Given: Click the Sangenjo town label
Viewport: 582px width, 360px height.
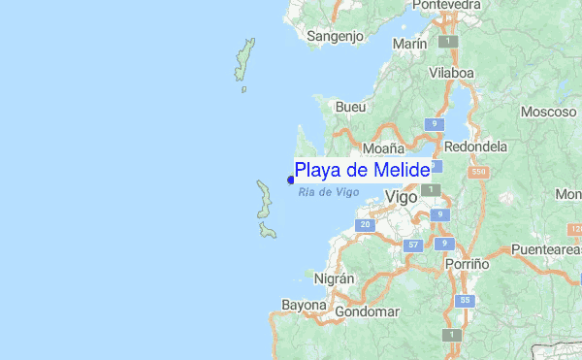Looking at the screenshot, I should pyautogui.click(x=335, y=37).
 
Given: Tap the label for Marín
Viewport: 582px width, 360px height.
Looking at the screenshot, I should pyautogui.click(x=410, y=45).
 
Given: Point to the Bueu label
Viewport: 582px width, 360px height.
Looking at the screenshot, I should pyautogui.click(x=348, y=107).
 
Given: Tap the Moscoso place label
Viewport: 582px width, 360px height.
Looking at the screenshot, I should pyautogui.click(x=548, y=112).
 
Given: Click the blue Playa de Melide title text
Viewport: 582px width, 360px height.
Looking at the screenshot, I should pyautogui.click(x=362, y=171).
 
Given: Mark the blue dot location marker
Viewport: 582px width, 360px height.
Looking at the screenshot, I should pyautogui.click(x=291, y=179).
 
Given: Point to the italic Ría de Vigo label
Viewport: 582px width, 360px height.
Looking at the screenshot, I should pyautogui.click(x=329, y=192).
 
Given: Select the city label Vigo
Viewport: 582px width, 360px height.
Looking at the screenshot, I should pyautogui.click(x=402, y=197).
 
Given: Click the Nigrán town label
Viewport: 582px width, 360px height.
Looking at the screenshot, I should pyautogui.click(x=336, y=278).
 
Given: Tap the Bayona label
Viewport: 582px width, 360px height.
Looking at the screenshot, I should pyautogui.click(x=304, y=305).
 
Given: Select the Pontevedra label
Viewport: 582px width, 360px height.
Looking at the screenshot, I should pyautogui.click(x=446, y=6).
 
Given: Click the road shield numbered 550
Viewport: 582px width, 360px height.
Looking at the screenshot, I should pyautogui.click(x=475, y=172).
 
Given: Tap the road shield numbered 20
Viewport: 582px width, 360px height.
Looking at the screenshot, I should pyautogui.click(x=365, y=225).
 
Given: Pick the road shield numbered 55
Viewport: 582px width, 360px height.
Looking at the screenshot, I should pyautogui.click(x=465, y=301).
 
